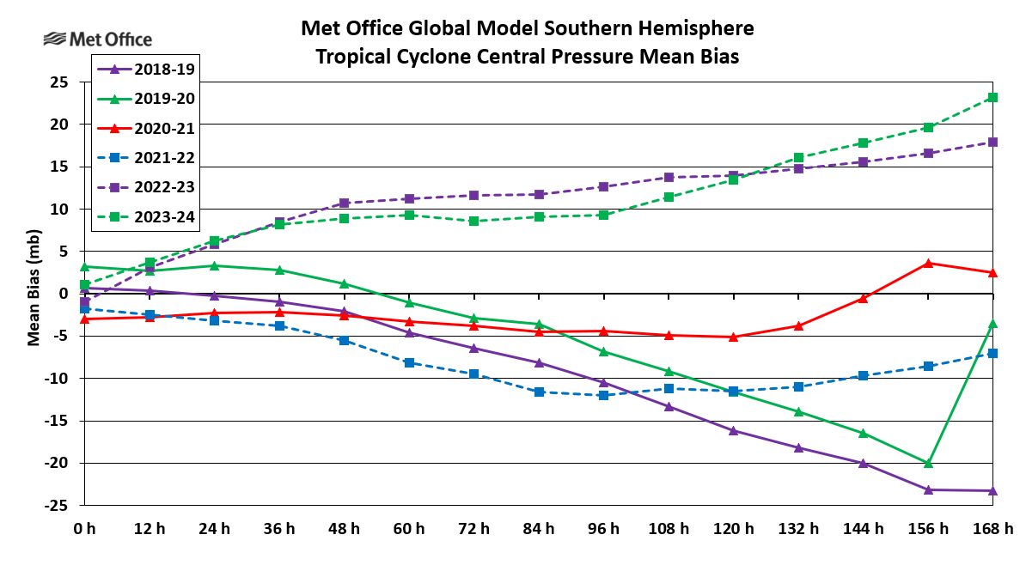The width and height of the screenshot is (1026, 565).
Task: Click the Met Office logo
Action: click(x=97, y=39)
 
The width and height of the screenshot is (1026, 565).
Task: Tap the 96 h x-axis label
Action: click(x=603, y=529)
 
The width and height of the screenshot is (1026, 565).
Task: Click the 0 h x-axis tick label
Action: click(x=84, y=529)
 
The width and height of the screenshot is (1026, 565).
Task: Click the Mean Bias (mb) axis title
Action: click(x=34, y=294)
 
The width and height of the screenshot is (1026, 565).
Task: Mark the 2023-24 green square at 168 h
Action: click(x=992, y=97)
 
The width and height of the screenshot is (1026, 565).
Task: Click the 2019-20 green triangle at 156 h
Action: click(x=928, y=463)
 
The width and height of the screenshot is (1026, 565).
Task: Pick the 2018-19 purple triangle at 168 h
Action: click(x=992, y=490)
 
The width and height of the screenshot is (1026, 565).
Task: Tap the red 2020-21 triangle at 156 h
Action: click(x=928, y=263)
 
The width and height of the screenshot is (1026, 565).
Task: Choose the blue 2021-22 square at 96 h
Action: click(x=603, y=395)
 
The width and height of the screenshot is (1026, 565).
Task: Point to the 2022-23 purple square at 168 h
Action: click(x=992, y=142)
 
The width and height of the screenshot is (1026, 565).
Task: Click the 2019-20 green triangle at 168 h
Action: click(x=992, y=323)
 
